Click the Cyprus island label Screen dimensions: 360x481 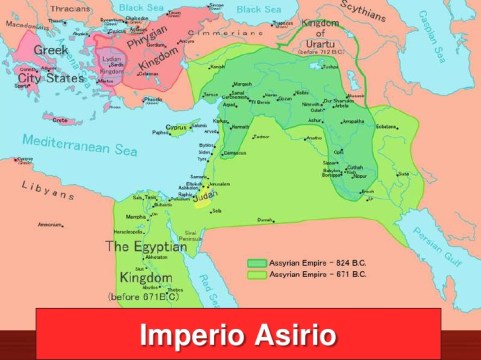[x=177, y=127]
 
